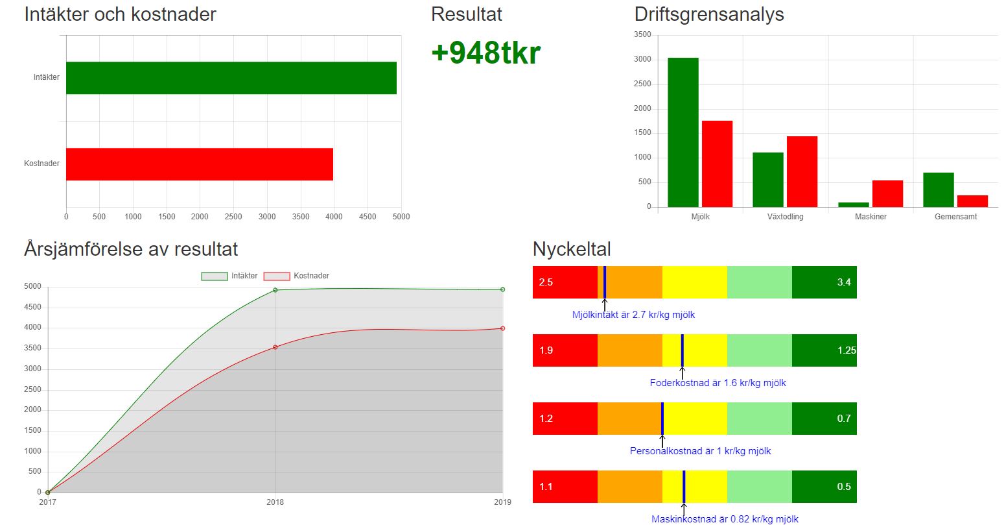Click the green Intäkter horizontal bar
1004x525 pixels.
click(231, 78)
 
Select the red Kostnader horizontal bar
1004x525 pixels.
click(199, 164)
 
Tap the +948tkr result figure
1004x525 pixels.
click(485, 53)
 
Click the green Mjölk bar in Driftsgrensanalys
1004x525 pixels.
click(683, 132)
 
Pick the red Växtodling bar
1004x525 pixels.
click(802, 171)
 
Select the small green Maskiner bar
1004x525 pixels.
click(853, 204)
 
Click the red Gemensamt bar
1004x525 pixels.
click(972, 201)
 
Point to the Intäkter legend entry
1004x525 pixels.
click(229, 276)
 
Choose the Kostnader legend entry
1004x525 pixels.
click(296, 276)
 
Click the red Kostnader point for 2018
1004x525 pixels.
click(275, 347)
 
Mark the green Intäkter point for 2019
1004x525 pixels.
click(502, 289)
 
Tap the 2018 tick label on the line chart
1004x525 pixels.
click(275, 502)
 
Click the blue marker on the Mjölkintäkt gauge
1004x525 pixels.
click(604, 282)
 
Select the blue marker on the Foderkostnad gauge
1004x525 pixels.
click(682, 350)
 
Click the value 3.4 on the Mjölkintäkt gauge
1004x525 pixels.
click(843, 282)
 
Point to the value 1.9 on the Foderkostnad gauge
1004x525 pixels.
click(546, 350)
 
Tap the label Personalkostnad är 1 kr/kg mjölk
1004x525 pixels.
click(700, 451)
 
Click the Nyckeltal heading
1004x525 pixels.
click(571, 249)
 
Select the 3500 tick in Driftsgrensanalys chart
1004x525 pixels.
click(642, 34)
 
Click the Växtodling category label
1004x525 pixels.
click(785, 217)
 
